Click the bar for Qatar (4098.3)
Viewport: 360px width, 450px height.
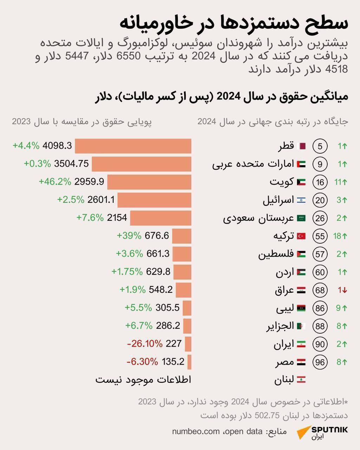coord(133,146)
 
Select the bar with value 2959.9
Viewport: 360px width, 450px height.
coord(149,182)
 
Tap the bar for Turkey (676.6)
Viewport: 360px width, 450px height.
coord(182,236)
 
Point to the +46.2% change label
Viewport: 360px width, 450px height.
coord(55,182)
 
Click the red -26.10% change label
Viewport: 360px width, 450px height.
coord(145,343)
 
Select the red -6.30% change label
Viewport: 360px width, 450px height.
coord(142,361)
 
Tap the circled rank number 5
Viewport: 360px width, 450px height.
coord(320,146)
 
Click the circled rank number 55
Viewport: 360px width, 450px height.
coord(320,236)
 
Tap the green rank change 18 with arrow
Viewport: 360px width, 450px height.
coord(340,236)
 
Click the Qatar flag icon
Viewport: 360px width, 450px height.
coord(301,146)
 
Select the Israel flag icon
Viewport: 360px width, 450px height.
coord(301,200)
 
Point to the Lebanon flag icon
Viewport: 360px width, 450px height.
coord(301,380)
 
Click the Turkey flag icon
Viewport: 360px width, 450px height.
coord(301,236)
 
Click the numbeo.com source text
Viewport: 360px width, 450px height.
coord(195,431)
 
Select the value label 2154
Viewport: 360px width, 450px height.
coord(117,218)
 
